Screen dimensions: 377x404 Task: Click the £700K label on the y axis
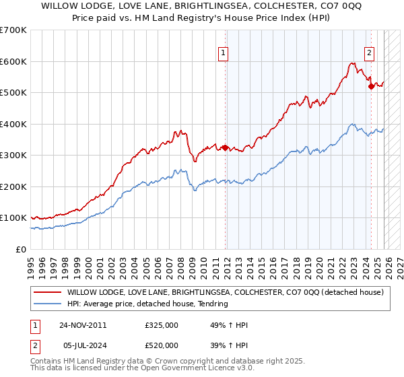pyautogui.click(x=13, y=30)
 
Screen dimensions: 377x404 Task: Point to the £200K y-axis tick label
pyautogui.click(x=13, y=186)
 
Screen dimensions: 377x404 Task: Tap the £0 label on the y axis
pyautogui.click(x=20, y=249)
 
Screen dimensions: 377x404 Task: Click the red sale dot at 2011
pyautogui.click(x=226, y=147)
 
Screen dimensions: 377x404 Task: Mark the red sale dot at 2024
pyautogui.click(x=371, y=86)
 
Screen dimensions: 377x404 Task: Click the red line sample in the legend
pyautogui.click(x=48, y=292)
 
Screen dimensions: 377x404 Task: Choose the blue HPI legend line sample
pyautogui.click(x=48, y=304)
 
